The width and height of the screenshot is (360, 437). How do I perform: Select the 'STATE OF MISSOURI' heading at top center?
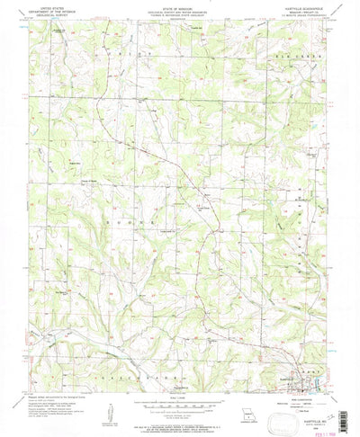180,8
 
